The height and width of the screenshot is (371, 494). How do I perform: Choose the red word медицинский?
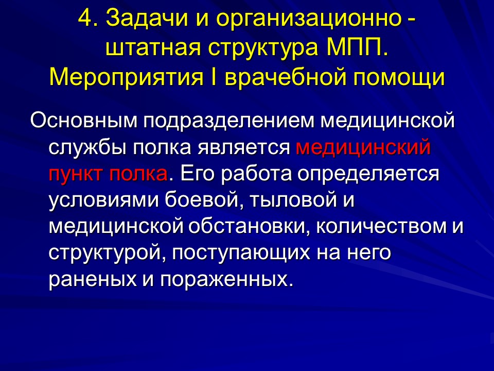[x=362, y=147]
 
